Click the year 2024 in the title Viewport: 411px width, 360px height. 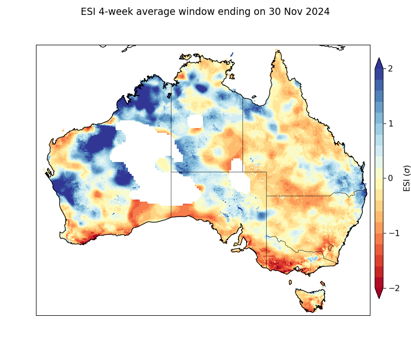[x=315, y=12]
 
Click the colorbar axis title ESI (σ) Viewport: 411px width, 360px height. [x=407, y=178]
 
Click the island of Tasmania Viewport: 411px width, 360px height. [x=310, y=299]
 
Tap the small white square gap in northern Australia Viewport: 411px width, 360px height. [x=195, y=121]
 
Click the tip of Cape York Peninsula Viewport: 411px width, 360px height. [x=277, y=51]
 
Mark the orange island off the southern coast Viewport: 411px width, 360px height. [x=237, y=250]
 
